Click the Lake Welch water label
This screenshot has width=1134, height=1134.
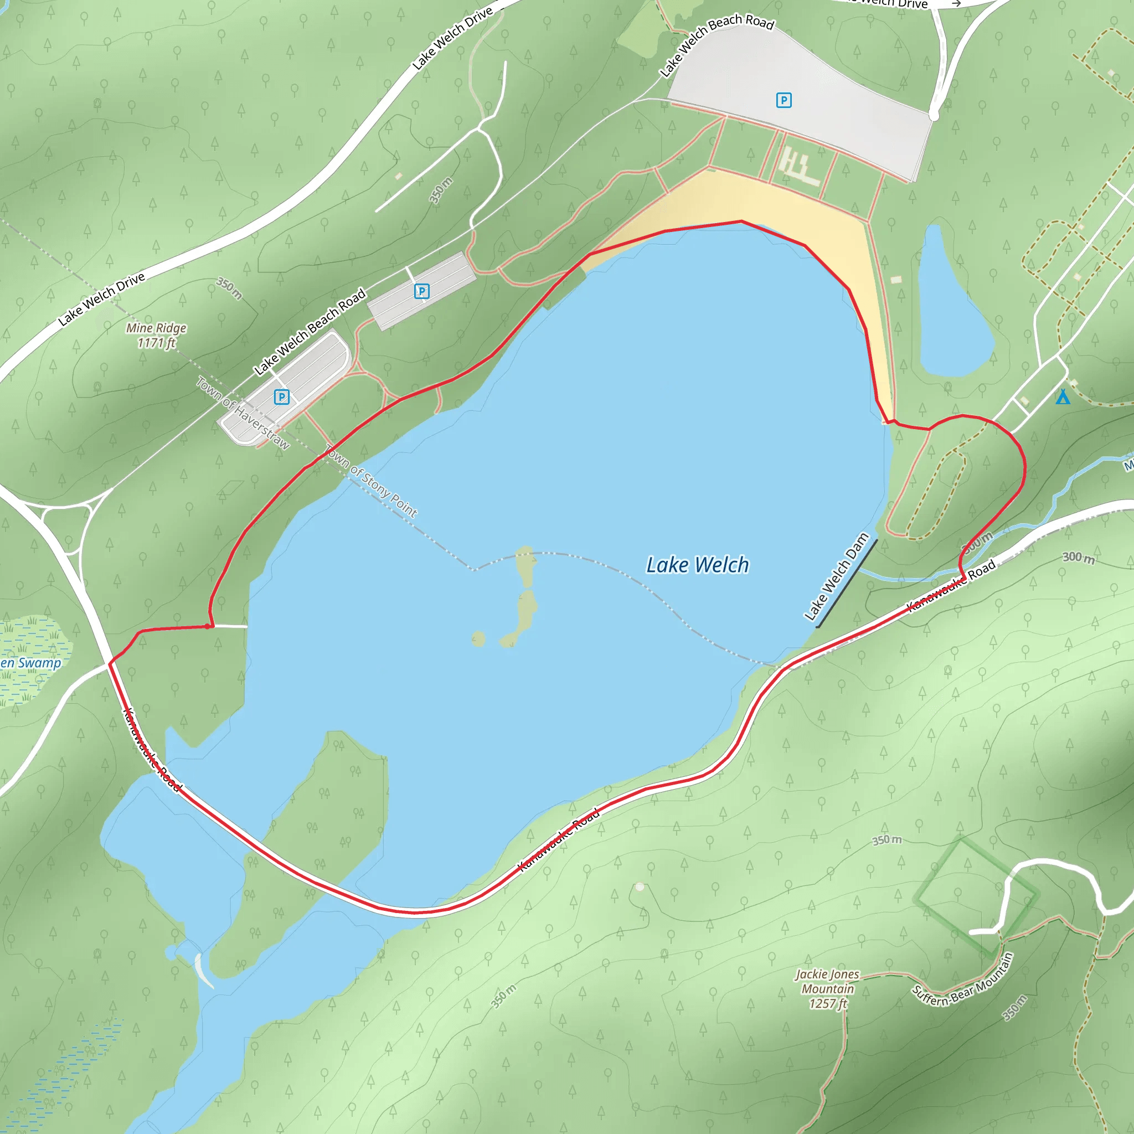coord(697,565)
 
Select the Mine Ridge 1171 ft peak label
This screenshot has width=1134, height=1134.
coord(156,335)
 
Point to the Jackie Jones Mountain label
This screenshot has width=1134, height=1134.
coord(828,989)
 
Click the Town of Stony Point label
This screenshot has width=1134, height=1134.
coord(371,482)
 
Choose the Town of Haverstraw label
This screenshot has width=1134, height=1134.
coord(243,413)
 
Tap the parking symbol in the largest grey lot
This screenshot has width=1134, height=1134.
coord(784,100)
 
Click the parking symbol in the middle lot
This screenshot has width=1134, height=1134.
coord(421,291)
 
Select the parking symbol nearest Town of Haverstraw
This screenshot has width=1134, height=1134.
coord(282,398)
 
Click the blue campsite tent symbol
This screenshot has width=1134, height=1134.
coord(1063,398)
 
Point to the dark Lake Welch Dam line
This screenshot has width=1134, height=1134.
coord(847,584)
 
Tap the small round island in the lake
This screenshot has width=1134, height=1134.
coord(478,638)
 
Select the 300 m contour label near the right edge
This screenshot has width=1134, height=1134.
coord(1079,558)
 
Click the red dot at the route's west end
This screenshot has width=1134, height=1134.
coord(208,626)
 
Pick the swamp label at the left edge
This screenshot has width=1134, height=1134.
coord(30,663)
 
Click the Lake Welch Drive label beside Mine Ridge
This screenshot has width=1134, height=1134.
coord(101,300)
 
